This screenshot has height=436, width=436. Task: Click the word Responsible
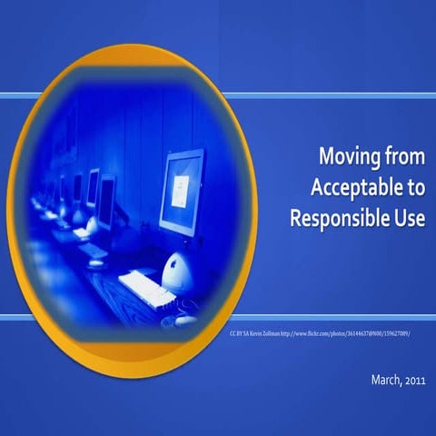point(343,218)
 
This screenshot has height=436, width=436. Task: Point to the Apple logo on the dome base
point(174,266)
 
